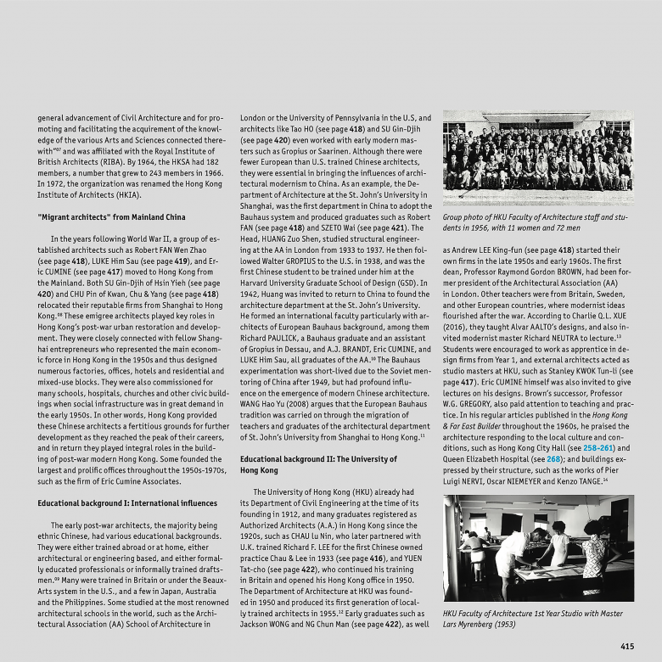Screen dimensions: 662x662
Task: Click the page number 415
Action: click(x=626, y=647)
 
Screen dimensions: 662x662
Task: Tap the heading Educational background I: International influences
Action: click(x=127, y=503)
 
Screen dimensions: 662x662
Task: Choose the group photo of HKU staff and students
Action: click(x=537, y=157)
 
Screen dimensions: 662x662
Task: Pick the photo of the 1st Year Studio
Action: click(x=537, y=547)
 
